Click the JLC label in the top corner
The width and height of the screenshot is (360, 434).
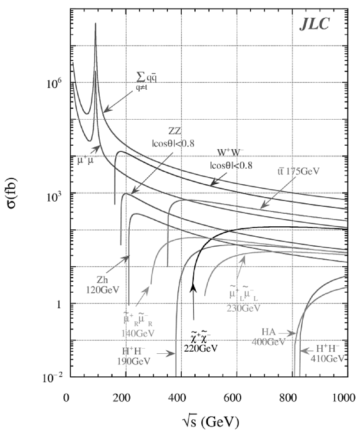[x=314, y=24]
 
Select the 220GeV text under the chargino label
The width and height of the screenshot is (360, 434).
[x=201, y=348]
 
